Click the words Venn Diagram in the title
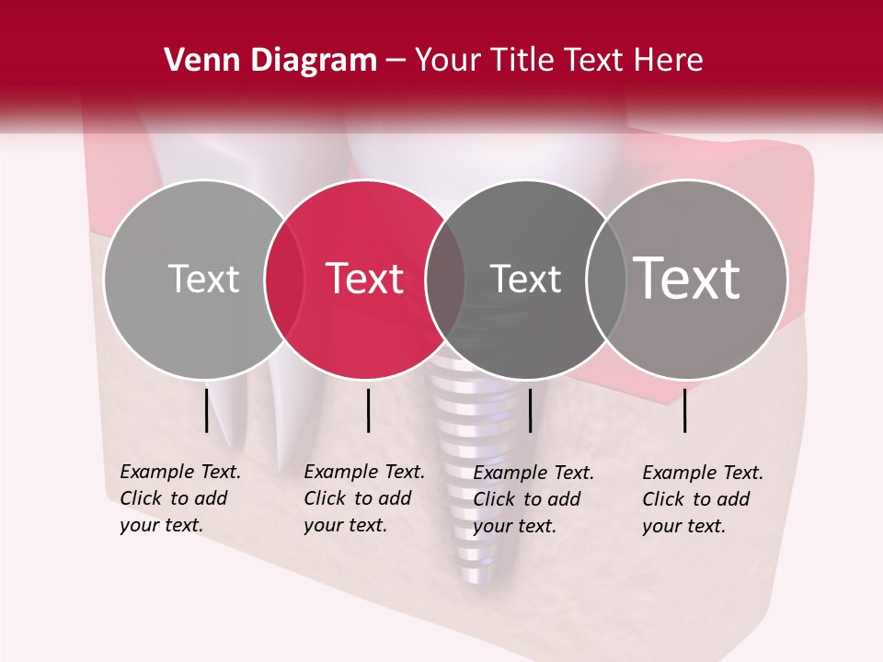point(269,61)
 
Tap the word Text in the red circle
point(364,279)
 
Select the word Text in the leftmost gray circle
point(203,279)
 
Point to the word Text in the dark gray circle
point(525,279)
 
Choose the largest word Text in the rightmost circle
point(687,279)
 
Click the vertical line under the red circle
point(368,410)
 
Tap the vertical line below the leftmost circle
point(207,410)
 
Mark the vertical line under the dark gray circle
point(530,410)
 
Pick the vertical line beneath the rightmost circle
point(685,410)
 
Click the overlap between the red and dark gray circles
point(445,279)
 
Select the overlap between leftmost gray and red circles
point(284,279)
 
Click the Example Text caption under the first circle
point(179,498)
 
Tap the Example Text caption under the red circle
point(363,498)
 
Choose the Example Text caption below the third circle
point(533,499)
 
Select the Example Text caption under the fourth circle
point(702,499)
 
